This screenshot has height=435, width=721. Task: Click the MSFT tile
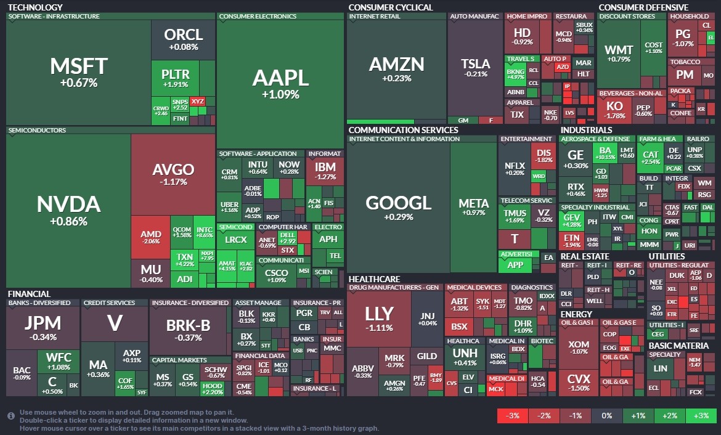pyautogui.click(x=78, y=71)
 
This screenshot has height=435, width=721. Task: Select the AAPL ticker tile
pyautogui.click(x=280, y=83)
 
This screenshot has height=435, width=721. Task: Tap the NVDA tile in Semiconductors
pyautogui.click(x=68, y=209)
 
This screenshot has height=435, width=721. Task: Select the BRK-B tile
pyautogui.click(x=189, y=330)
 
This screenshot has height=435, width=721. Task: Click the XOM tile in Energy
pyautogui.click(x=578, y=348)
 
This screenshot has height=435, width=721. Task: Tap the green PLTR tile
pyautogui.click(x=175, y=78)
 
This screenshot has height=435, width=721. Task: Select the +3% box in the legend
pyautogui.click(x=701, y=416)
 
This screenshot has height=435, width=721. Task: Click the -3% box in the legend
pyautogui.click(x=512, y=416)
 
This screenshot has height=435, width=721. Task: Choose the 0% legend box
pyautogui.click(x=606, y=416)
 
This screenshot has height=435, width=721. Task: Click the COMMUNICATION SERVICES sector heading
pyautogui.click(x=403, y=130)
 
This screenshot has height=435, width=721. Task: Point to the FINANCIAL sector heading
pyautogui.click(x=29, y=294)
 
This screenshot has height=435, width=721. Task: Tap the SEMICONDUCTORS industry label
pyautogui.click(x=37, y=131)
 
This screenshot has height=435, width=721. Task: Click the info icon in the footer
pyautogui.click(x=11, y=416)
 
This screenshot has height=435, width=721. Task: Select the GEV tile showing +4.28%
pyautogui.click(x=571, y=220)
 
